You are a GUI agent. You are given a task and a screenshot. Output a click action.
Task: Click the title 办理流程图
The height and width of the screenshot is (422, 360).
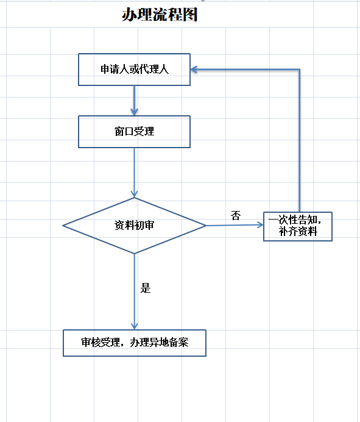click(x=160, y=15)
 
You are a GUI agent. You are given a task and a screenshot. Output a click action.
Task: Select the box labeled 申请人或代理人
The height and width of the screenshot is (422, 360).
click(x=134, y=70)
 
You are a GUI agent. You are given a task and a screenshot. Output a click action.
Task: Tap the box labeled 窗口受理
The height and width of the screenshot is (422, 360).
click(x=134, y=132)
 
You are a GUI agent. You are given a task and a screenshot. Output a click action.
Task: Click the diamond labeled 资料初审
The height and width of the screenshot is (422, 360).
click(x=134, y=226)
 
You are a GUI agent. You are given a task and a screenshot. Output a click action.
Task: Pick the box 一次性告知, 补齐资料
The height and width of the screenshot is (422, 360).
click(x=298, y=226)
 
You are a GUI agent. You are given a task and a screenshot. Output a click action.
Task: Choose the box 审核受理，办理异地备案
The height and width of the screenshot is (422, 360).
click(x=135, y=343)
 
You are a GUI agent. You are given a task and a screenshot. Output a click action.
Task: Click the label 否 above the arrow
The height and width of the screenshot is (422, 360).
click(x=236, y=216)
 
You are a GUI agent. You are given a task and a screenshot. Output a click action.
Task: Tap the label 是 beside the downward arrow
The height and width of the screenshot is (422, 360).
click(x=146, y=288)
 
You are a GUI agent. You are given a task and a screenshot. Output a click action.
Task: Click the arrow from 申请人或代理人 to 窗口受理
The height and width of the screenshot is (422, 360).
click(x=134, y=101)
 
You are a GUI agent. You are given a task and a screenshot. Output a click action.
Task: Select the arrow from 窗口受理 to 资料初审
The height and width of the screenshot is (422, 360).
click(x=134, y=173)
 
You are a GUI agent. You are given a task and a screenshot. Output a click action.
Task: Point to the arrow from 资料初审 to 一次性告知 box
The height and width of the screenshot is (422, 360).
click(x=235, y=225)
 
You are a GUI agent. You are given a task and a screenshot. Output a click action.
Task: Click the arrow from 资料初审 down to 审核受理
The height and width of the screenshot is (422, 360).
click(x=134, y=291)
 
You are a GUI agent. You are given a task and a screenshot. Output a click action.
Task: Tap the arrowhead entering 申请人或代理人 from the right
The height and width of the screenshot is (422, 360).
click(x=194, y=70)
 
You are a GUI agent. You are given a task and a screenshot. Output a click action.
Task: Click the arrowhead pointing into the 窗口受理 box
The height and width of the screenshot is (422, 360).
click(x=134, y=112)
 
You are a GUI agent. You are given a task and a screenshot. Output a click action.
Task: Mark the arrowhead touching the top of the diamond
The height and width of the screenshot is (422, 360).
click(x=134, y=195)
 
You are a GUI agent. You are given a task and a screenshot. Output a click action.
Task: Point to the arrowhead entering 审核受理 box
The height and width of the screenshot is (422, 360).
click(x=134, y=326)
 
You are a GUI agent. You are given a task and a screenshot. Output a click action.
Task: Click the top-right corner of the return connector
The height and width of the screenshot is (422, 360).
click(x=299, y=70)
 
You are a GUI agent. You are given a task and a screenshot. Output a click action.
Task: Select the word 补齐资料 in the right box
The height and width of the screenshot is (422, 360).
click(x=298, y=232)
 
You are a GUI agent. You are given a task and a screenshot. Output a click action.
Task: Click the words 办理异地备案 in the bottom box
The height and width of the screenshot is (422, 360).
click(x=159, y=342)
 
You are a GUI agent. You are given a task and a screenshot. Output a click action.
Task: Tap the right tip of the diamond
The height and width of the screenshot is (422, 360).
click(x=206, y=226)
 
